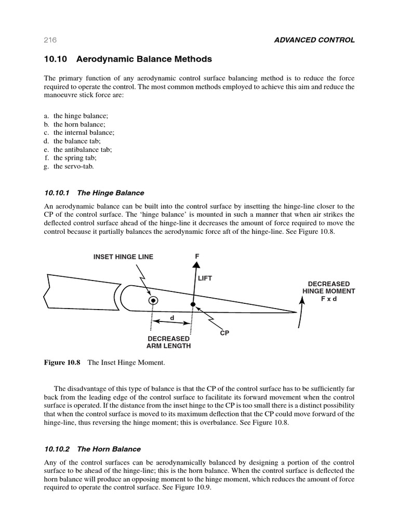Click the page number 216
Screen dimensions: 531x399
(x=50, y=40)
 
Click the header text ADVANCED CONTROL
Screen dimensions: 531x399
(x=314, y=40)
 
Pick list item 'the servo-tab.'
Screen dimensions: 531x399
(x=73, y=166)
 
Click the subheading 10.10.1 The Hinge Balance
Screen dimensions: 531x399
(x=94, y=193)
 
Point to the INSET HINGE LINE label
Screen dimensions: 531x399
(x=123, y=257)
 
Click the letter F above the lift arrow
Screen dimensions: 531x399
(x=197, y=256)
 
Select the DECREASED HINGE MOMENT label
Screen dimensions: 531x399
(x=329, y=291)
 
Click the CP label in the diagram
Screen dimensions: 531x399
(x=224, y=333)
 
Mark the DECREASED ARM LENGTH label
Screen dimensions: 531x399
(x=169, y=342)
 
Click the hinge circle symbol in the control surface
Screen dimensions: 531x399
(x=153, y=300)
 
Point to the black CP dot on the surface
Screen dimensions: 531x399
(x=193, y=304)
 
